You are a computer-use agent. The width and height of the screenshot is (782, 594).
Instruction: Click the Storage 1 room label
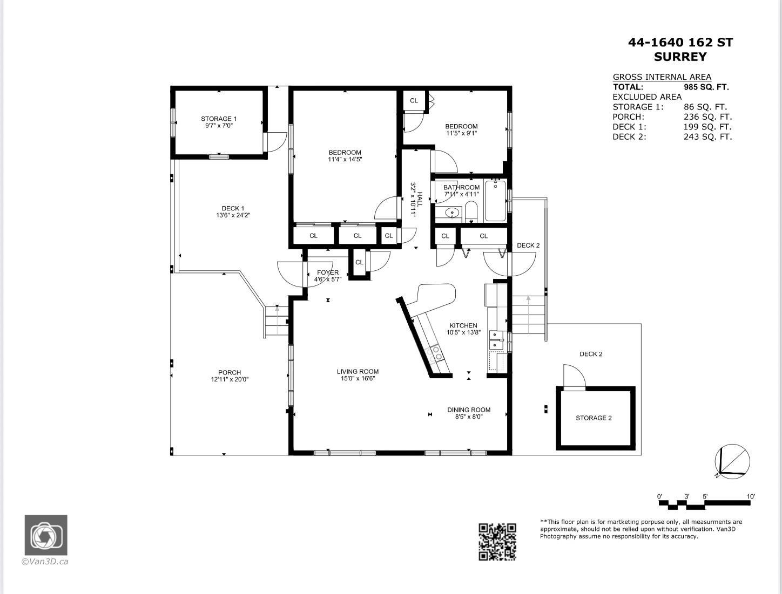[x=219, y=119]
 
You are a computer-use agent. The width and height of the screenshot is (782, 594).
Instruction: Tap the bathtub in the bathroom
[x=495, y=201]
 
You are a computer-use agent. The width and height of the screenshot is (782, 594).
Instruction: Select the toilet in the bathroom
[x=471, y=211]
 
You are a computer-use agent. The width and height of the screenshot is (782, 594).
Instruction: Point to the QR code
[x=497, y=542]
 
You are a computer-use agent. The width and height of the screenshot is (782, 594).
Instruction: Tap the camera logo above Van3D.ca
[x=46, y=535]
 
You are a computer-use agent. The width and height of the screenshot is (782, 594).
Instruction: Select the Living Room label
[x=358, y=371]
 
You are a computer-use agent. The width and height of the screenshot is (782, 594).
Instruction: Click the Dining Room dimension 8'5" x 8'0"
[x=469, y=417]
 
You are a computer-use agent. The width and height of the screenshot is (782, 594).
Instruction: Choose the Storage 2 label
[x=594, y=418]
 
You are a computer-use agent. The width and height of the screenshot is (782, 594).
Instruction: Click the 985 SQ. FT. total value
[x=706, y=87]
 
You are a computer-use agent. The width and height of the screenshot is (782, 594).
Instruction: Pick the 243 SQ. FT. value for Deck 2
[x=707, y=137]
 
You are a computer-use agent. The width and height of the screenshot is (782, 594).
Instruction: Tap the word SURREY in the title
[x=680, y=57]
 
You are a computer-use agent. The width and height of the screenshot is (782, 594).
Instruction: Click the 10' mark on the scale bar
[x=750, y=496]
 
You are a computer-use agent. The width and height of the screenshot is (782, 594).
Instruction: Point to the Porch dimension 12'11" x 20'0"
[x=230, y=379]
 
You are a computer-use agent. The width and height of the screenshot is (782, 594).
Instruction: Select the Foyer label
[x=328, y=272]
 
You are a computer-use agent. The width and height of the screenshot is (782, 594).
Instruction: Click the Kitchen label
[x=463, y=325]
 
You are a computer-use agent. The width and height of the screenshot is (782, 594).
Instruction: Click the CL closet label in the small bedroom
[x=414, y=100]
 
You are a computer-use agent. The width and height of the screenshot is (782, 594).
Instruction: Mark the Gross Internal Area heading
[x=662, y=77]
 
